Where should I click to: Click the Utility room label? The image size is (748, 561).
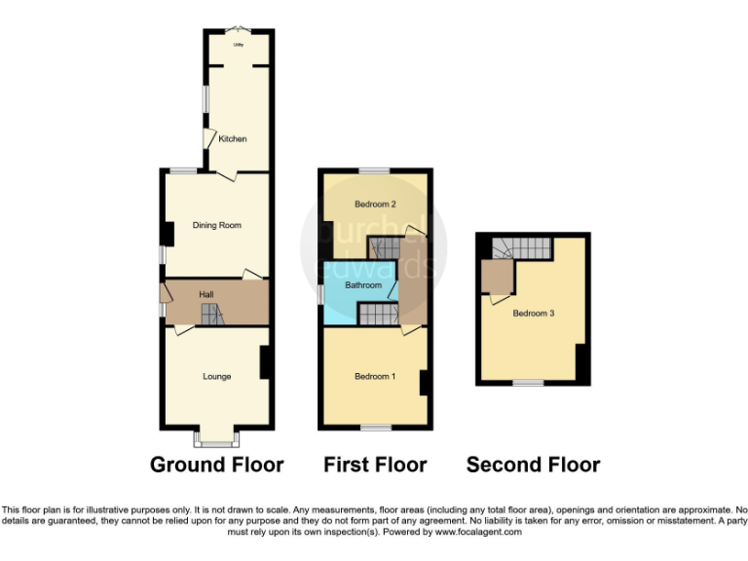(237, 45)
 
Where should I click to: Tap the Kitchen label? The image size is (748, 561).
(233, 139)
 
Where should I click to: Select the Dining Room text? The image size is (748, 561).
(216, 225)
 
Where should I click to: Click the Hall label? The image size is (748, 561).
(206, 294)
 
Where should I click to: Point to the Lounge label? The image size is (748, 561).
(216, 376)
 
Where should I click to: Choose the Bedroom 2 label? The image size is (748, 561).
(375, 205)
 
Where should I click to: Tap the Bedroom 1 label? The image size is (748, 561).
(375, 377)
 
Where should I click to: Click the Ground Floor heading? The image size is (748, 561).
(216, 465)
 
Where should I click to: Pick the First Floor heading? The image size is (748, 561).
(375, 465)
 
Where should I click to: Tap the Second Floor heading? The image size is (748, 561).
(533, 465)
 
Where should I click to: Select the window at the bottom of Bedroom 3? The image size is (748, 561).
(529, 383)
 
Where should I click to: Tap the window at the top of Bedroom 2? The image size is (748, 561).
(373, 170)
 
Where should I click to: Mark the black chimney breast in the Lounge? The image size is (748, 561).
(264, 363)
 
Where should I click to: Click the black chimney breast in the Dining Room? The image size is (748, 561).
(168, 234)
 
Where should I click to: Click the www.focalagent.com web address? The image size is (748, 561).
(477, 533)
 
